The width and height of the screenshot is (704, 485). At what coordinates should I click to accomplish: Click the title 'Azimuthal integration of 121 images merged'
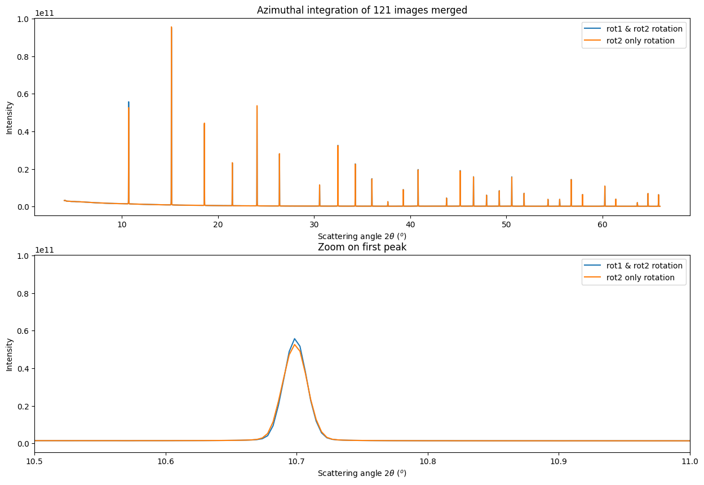[x=362, y=10]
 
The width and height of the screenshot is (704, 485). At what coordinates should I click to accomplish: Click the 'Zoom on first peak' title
[x=362, y=247]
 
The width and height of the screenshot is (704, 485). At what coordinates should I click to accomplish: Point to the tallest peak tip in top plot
[x=171, y=27]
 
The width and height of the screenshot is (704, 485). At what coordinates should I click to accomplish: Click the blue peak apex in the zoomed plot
[x=294, y=339]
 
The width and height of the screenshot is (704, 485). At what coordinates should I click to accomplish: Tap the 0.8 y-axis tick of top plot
[x=24, y=56]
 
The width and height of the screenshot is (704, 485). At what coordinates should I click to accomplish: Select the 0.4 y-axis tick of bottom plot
[x=24, y=368]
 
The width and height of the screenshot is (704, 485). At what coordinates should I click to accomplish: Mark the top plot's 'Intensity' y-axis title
[x=10, y=117]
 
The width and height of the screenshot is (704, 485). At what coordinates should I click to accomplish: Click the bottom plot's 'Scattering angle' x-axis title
[x=362, y=473]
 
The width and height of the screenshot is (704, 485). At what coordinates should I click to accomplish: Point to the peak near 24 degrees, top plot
[x=257, y=106]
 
